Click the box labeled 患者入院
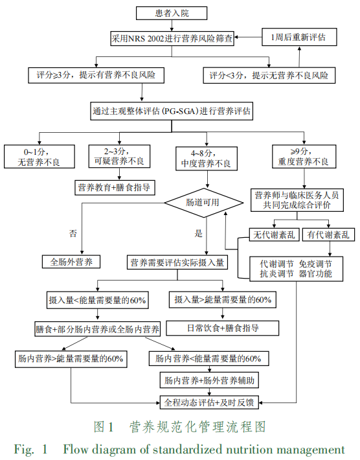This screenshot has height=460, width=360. [172, 12]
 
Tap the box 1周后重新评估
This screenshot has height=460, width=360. [298, 37]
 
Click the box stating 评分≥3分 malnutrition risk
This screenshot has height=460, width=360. [96, 75]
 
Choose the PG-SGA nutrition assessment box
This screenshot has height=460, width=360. [172, 111]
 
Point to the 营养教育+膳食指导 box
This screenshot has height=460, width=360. [114, 188]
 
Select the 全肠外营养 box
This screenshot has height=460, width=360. [71, 262]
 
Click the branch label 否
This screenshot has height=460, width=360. [73, 232]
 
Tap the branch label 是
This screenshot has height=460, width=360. [198, 232]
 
